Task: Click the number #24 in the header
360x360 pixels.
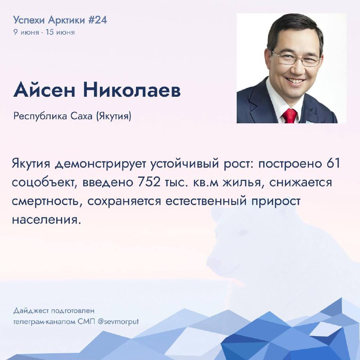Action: (98, 20)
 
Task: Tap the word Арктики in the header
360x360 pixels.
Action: (67, 20)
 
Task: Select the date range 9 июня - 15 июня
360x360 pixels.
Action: (44, 32)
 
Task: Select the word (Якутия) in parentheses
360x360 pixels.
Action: (114, 117)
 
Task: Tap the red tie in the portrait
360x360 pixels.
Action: (290, 116)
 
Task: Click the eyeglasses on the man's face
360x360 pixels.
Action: (297, 58)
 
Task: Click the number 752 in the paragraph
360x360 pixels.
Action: (149, 183)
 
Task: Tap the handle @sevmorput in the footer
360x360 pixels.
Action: (118, 322)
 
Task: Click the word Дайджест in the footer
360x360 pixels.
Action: (31, 311)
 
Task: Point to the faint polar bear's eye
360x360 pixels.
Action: (243, 233)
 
